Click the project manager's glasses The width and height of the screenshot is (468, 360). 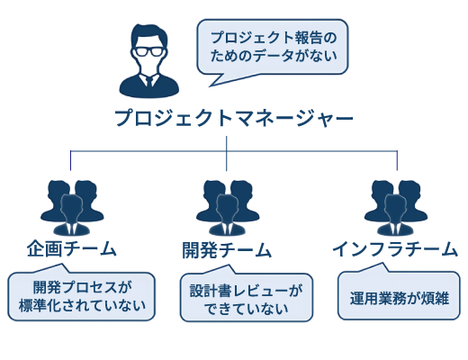click(148, 51)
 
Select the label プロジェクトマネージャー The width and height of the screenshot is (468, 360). click(234, 118)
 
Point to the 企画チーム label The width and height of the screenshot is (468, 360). click(71, 248)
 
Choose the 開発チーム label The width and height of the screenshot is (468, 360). click(227, 250)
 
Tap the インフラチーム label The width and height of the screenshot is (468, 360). click(395, 249)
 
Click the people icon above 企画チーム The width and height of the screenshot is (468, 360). click(72, 208)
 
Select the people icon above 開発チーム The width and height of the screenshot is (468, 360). click(228, 208)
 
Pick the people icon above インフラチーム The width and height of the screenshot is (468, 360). click(396, 208)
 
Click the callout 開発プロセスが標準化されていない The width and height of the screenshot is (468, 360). click(82, 294)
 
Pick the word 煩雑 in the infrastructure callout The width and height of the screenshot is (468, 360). click(436, 298)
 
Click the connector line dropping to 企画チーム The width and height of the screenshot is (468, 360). click(71, 160)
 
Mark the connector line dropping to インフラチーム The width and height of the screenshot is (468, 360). click(398, 160)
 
